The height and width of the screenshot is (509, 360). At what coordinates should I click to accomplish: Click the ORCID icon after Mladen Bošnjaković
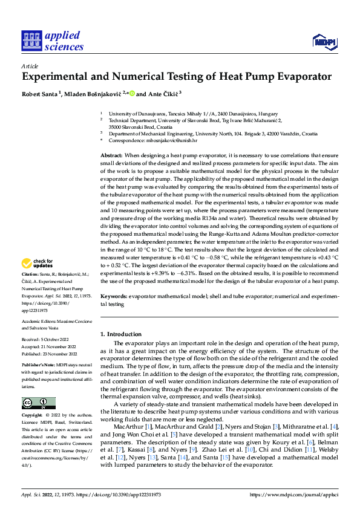click(131, 94)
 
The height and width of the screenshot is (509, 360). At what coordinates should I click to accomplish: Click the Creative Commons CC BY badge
click(38, 403)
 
